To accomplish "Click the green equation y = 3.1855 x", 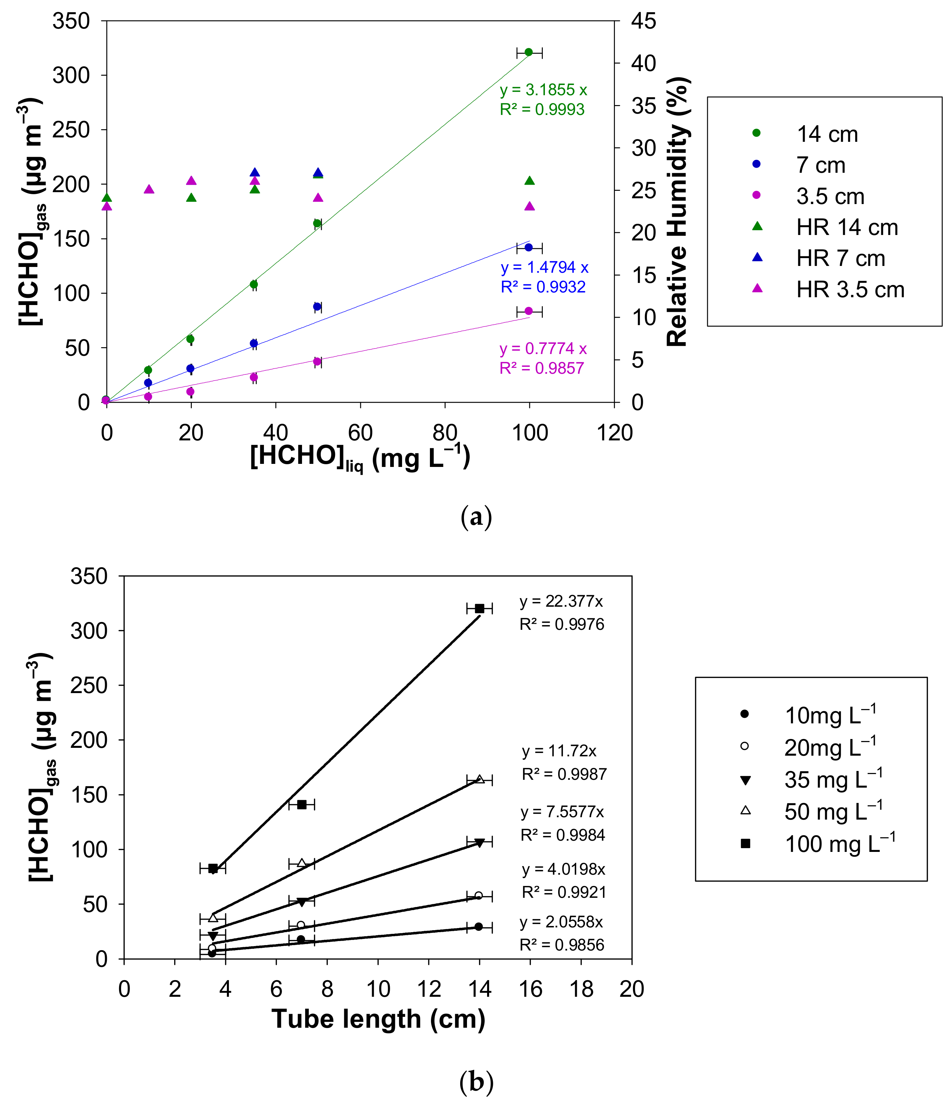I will [x=543, y=90].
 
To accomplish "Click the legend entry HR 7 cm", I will [x=840, y=258].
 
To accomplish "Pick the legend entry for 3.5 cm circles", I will [x=830, y=197].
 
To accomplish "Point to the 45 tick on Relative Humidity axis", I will [x=643, y=21].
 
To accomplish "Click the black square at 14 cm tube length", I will [x=480, y=608].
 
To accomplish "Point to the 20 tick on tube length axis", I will [x=632, y=989].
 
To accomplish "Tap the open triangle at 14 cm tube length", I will [x=480, y=779].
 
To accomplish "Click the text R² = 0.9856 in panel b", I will [x=562, y=945].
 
